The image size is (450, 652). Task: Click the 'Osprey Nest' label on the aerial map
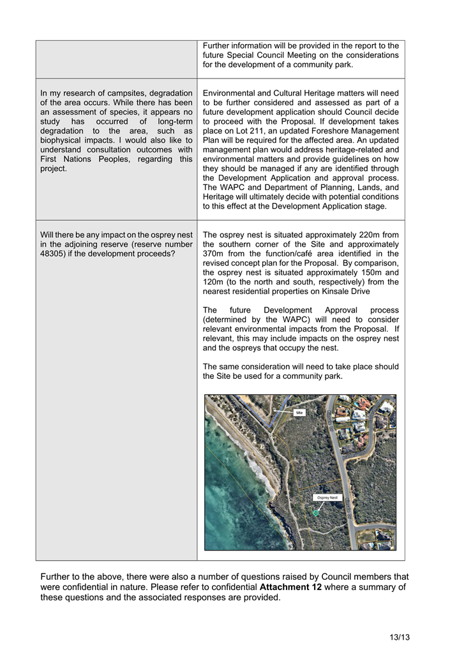click(328, 497)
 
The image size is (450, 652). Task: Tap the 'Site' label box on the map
click(299, 413)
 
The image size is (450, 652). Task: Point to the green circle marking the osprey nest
click(315, 513)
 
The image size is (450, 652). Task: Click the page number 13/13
click(400, 637)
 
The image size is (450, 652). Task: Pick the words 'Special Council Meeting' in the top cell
click(285, 55)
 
